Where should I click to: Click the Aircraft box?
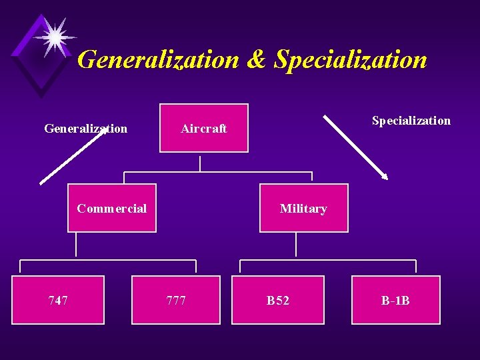[x=203, y=128]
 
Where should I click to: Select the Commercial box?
[x=112, y=208]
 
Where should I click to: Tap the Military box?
[x=303, y=208]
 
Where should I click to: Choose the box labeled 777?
[x=176, y=300]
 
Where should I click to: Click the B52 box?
[x=277, y=300]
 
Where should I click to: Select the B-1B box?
[x=396, y=300]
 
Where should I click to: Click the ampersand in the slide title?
[x=256, y=60]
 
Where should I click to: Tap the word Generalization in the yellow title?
[x=158, y=60]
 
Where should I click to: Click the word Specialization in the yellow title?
[x=351, y=60]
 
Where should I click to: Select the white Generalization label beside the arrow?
[x=85, y=129]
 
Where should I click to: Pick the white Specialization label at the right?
[x=411, y=121]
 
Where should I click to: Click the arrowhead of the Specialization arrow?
[x=384, y=176]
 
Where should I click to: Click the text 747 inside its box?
[x=58, y=301]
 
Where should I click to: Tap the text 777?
[x=176, y=301]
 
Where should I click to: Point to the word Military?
[x=303, y=209]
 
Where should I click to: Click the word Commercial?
[x=112, y=209]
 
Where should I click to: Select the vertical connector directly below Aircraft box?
[x=200, y=164]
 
